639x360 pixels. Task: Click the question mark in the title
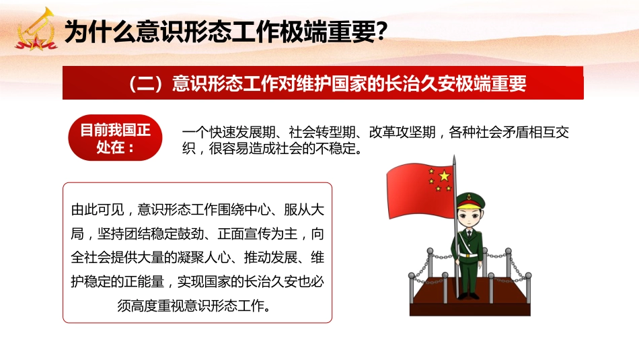click(x=380, y=32)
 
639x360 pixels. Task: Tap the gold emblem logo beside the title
click(x=34, y=31)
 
